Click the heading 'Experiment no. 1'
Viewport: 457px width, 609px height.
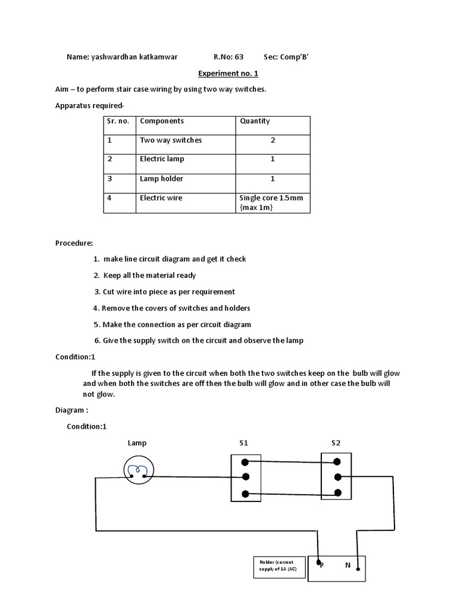coord(228,73)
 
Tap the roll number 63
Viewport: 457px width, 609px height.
coord(238,57)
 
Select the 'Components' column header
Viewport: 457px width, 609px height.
coord(161,121)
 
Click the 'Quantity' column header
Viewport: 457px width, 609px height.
coord(255,121)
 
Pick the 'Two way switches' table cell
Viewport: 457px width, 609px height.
coord(170,140)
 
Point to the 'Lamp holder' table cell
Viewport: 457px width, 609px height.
coord(161,178)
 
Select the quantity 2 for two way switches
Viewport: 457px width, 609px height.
coord(273,140)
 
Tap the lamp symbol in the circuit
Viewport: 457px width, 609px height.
coord(136,470)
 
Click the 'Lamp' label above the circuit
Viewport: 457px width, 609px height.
coord(137,443)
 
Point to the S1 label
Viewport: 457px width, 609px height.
coord(244,443)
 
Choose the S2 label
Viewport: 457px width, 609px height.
coord(336,443)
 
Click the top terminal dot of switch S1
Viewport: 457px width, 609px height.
coord(245,462)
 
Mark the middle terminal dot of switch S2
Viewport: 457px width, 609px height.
coord(337,477)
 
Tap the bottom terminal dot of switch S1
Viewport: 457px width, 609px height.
coord(245,494)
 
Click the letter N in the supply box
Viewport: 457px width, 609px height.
coord(348,565)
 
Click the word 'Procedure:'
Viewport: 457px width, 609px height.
coord(74,243)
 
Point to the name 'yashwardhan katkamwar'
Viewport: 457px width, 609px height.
coord(133,57)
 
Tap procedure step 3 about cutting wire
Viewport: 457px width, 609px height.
coord(165,291)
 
